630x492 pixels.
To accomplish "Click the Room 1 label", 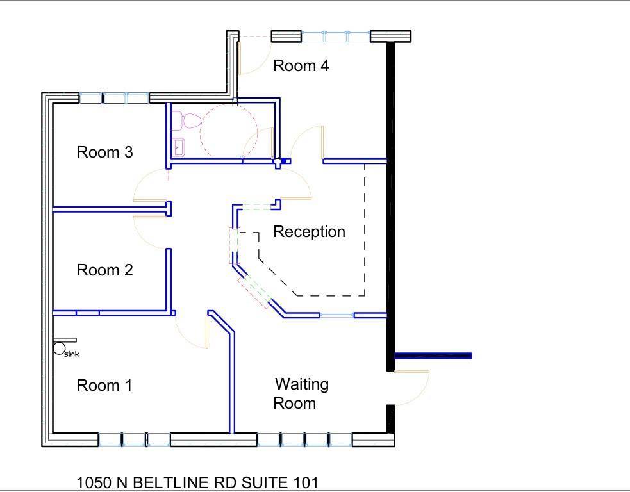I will click(104, 386).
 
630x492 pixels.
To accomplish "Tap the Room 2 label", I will click(104, 270).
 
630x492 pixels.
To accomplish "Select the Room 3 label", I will click(104, 152).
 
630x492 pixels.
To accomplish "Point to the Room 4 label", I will click(301, 65).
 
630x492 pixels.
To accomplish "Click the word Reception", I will click(309, 232).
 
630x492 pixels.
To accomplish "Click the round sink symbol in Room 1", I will click(60, 348).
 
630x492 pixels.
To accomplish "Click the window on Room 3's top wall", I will click(114, 98).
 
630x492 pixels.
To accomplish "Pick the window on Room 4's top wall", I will click(336, 37).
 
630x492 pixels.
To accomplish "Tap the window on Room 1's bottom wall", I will click(134, 439).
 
